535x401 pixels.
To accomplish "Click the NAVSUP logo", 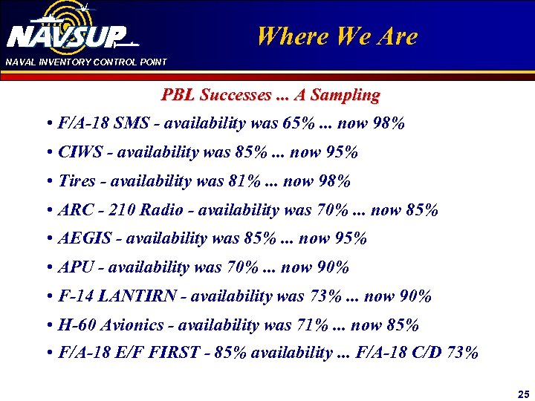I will coord(71,33).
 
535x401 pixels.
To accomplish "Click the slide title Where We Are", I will coord(337,36).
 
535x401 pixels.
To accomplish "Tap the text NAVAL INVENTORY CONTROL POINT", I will coord(86,62).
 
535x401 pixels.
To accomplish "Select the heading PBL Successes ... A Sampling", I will coord(270,95).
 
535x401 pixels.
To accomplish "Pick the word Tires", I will coord(77,181).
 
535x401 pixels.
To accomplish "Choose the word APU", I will coord(74,267).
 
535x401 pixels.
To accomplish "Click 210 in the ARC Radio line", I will coord(123,210).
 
